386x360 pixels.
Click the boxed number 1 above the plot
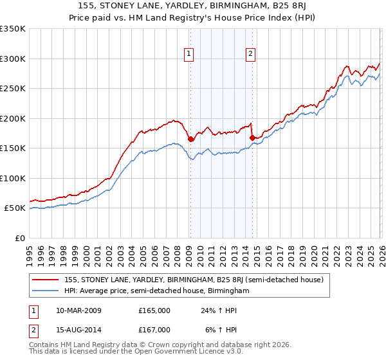pos(189,55)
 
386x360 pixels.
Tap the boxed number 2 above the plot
pos(250,55)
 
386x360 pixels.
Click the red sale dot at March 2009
pos(190,139)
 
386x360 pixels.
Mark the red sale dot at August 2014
pos(252,138)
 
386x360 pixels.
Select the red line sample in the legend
pos(46,280)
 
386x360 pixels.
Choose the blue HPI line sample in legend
pos(46,291)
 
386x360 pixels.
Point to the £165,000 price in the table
pos(154,310)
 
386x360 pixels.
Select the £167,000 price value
pos(154,330)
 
